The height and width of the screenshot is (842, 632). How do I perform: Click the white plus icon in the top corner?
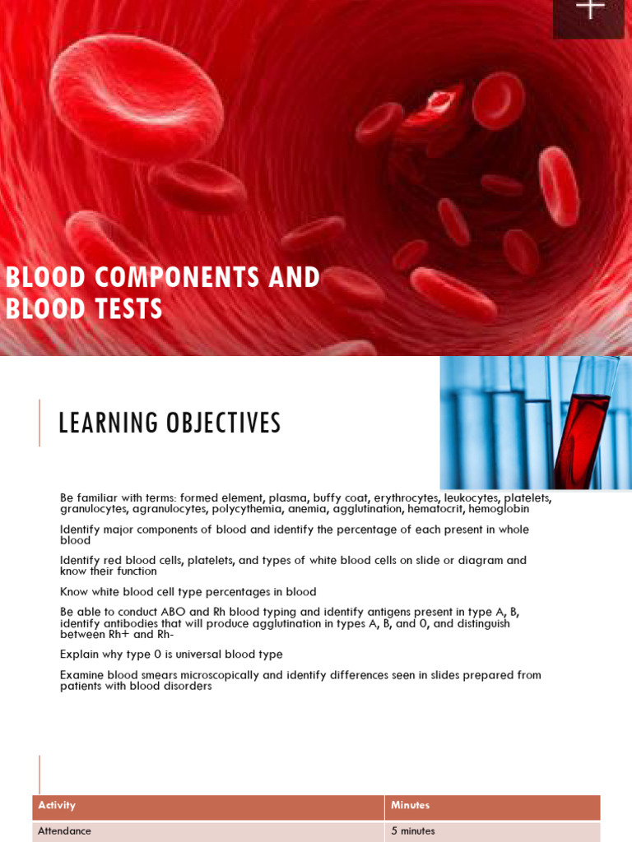[590, 9]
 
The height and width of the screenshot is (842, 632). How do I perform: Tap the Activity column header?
[57, 806]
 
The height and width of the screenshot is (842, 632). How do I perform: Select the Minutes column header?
[410, 806]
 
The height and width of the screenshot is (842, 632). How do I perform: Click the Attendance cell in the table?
[64, 831]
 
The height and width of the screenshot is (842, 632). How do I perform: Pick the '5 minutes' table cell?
[413, 831]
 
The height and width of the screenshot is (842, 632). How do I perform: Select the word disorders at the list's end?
[188, 687]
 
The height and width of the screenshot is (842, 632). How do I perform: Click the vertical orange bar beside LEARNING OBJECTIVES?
[39, 423]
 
